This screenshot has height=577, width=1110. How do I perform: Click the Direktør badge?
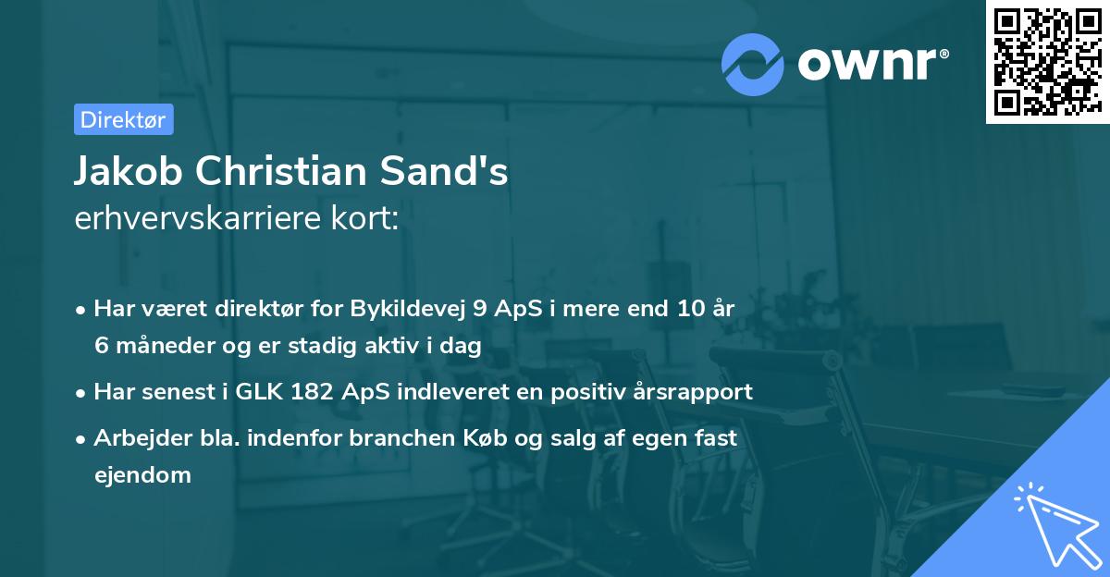click(x=123, y=119)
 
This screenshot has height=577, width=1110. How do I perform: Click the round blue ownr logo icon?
click(x=753, y=63)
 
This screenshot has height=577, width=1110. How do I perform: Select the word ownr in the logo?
click(x=868, y=63)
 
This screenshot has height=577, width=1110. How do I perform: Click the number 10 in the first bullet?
click(x=684, y=309)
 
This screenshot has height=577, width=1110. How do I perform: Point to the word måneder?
click(x=155, y=346)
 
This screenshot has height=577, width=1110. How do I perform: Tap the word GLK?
click(x=255, y=391)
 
